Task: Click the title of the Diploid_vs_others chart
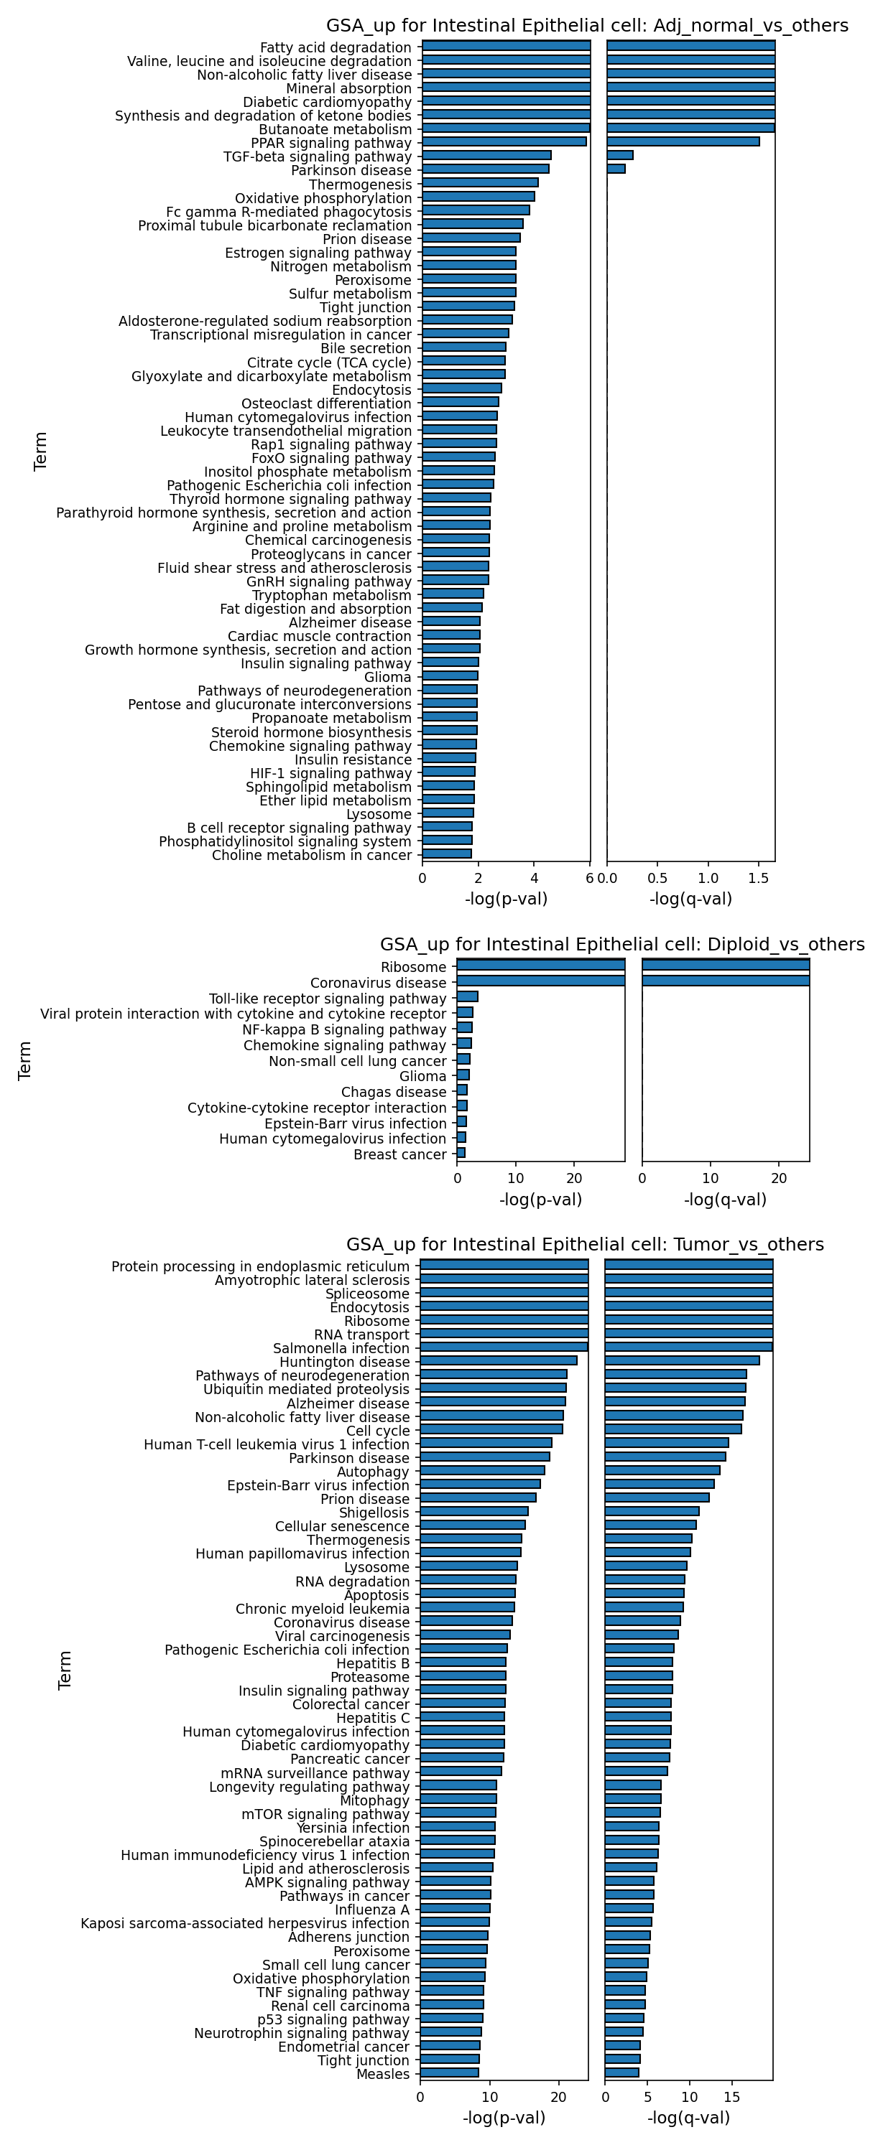pos(622,944)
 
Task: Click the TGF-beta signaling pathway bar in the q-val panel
pos(620,155)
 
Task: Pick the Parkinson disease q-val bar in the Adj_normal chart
pos(616,169)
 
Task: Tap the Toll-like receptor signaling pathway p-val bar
pos(467,996)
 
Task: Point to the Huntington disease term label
pos(345,1361)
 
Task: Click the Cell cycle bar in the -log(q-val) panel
pos(673,1429)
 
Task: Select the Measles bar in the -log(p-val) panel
pos(449,2072)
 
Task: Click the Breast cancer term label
pos(400,1154)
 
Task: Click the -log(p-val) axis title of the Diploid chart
pos(540,1200)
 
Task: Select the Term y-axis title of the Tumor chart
pos(65,1670)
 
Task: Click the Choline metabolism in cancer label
pos(312,855)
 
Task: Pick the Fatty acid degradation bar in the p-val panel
pos(507,46)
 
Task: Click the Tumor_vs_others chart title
pos(585,1244)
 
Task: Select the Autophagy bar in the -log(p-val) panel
pos(482,1469)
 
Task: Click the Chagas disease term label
pos(394,1092)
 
